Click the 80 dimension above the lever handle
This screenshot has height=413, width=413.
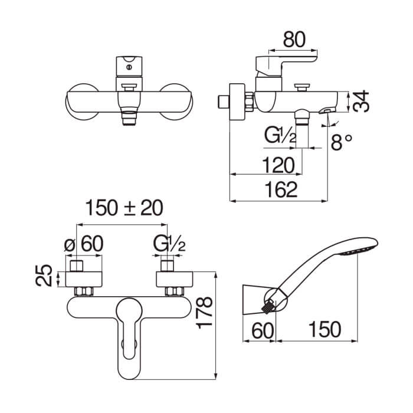tap(294, 40)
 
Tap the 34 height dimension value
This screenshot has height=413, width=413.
tap(361, 101)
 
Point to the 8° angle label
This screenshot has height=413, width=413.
tap(342, 142)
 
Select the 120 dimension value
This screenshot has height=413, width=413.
tap(278, 165)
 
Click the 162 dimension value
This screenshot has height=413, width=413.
tap(281, 189)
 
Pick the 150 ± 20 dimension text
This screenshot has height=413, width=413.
tap(124, 208)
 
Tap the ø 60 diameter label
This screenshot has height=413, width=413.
tap(84, 244)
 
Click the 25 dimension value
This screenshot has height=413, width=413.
tap(44, 276)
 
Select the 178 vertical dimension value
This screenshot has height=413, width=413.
tap(205, 313)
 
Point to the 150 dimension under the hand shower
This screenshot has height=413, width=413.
tap(324, 329)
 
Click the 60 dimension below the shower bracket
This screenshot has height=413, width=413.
tap(263, 331)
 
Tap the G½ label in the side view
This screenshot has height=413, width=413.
tap(280, 136)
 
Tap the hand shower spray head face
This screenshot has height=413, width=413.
tap(358, 250)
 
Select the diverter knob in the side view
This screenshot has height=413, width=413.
tap(302, 87)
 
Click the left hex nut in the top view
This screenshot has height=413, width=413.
tap(84, 291)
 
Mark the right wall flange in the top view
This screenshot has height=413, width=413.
tap(175, 279)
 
